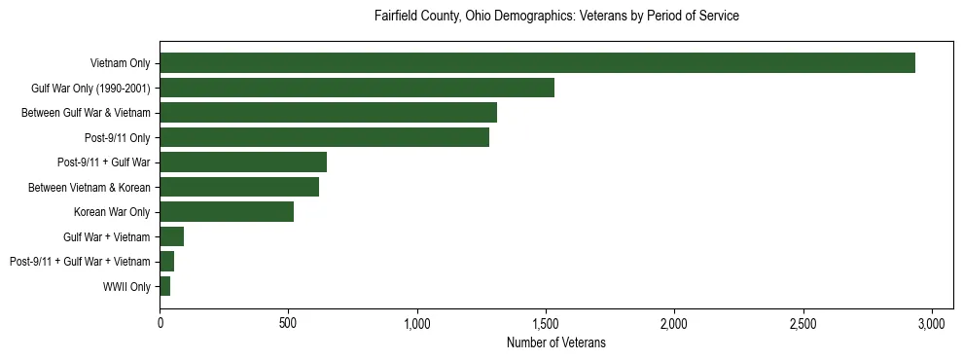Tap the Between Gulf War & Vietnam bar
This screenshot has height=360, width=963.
coord(328,113)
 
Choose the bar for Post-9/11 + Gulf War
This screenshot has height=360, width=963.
coord(243,162)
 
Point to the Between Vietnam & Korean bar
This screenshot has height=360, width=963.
coord(239,187)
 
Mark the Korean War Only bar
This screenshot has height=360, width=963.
coord(227,212)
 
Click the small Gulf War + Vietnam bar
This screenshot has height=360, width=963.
coord(172,236)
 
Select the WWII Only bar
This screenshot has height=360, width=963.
coord(165,286)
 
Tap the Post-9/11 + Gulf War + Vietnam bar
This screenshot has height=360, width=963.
coord(167,262)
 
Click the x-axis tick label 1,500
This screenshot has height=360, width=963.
coord(546,322)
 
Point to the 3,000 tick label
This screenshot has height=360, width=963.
coord(932,322)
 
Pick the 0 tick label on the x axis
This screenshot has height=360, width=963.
coord(160,322)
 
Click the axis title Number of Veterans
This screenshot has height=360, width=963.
coord(556,342)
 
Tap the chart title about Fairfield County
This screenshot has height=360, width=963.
coord(557,17)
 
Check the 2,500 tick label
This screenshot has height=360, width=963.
coord(802,322)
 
